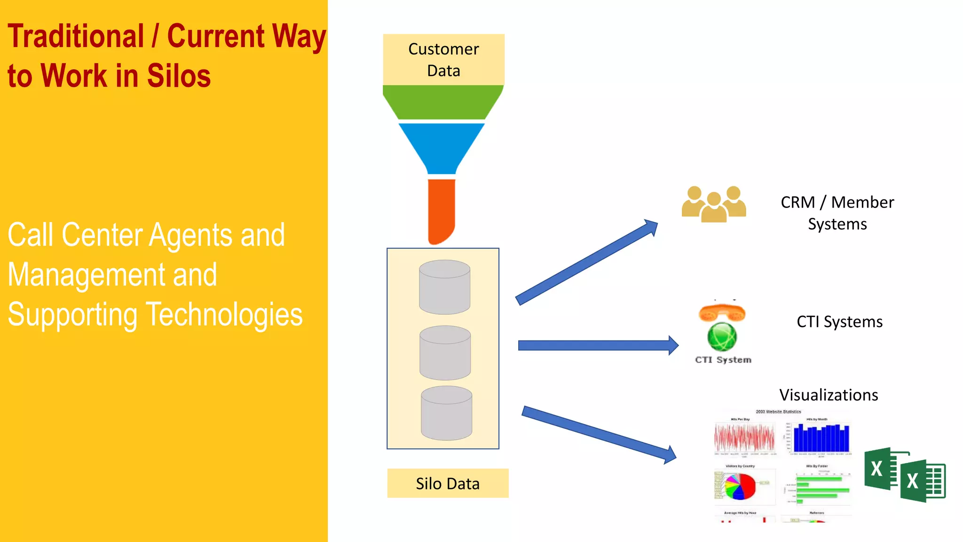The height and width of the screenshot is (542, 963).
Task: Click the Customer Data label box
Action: point(443,60)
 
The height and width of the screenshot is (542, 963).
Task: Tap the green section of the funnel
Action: point(443,102)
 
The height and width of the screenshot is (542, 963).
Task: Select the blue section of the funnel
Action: point(442,146)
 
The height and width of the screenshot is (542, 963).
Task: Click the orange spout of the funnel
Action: point(441,209)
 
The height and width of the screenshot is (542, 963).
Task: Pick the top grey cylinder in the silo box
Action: point(444,287)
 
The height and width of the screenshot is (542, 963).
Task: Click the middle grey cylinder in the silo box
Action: point(445,353)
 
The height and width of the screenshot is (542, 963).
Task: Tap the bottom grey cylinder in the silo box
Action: point(446,414)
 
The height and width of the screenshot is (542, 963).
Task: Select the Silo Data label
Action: point(448,483)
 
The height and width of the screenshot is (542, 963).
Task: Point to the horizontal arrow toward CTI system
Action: point(597,346)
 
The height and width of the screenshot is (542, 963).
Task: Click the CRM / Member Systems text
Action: point(837,213)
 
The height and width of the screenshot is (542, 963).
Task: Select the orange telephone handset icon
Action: point(722,312)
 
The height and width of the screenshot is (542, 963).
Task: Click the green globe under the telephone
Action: point(722,336)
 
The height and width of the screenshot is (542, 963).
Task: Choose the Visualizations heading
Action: point(829,395)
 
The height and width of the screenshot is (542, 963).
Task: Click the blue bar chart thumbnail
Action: point(821,438)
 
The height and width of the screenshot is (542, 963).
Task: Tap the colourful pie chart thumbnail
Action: point(740,486)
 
